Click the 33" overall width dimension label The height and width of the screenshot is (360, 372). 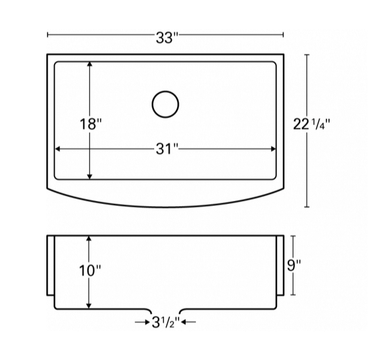click(166, 37)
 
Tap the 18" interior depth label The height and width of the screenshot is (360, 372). click(91, 123)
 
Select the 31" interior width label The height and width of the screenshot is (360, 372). click(166, 149)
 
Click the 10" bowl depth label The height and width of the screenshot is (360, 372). click(91, 271)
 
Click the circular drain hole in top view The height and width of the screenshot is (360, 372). click(165, 103)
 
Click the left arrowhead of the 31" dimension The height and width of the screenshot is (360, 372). click(58, 149)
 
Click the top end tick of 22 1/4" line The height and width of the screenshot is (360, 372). click(306, 55)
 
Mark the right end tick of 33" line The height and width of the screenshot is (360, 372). click(283, 35)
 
